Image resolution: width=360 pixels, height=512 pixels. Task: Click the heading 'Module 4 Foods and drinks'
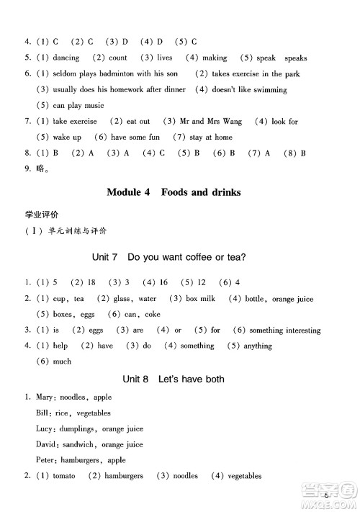(173, 192)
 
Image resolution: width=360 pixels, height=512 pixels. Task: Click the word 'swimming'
(270, 90)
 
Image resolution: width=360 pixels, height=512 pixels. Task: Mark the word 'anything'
(258, 346)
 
